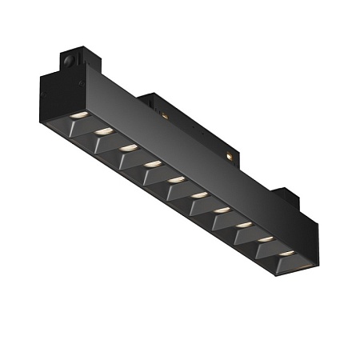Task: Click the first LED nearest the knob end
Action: (x=77, y=117)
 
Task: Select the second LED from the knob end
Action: (x=102, y=132)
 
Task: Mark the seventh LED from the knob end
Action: (x=221, y=210)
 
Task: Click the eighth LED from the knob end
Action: (x=242, y=225)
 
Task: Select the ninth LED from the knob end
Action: (x=264, y=239)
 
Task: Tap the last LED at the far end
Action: (x=286, y=254)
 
